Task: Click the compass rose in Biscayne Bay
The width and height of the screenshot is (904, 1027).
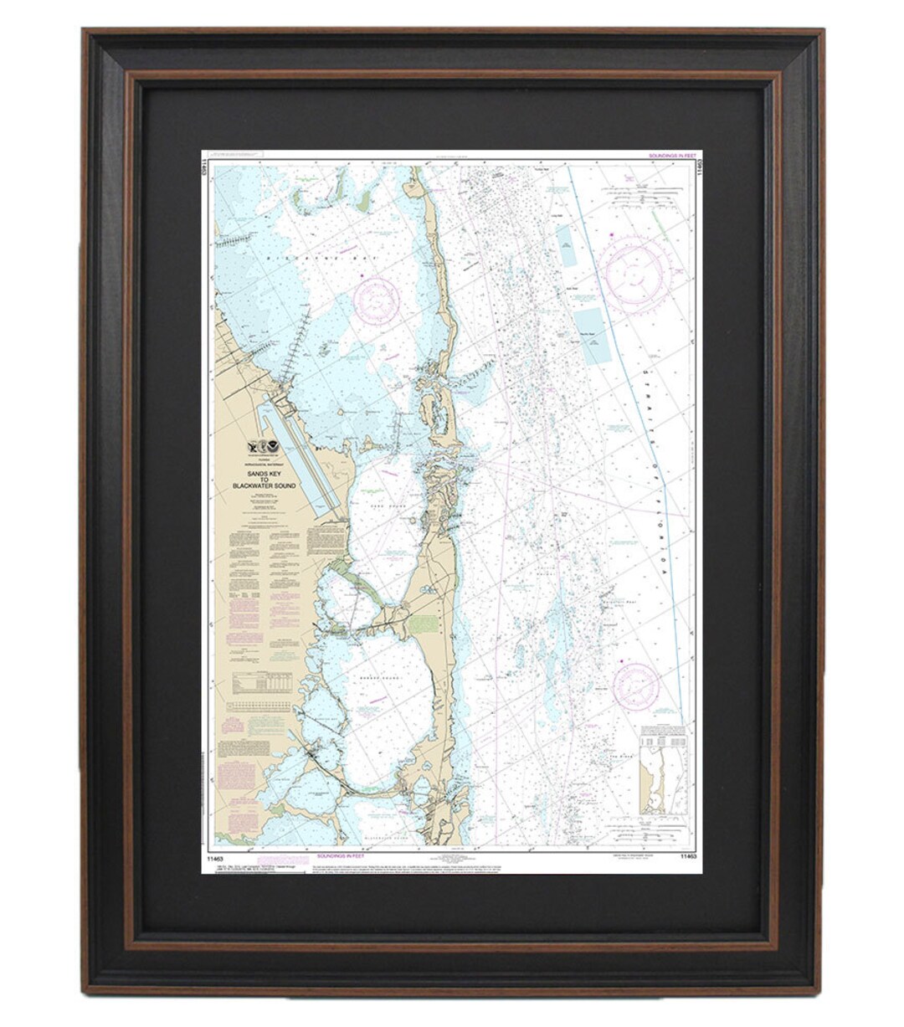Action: coord(376,300)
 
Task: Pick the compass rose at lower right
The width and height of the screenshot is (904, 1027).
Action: coord(635,684)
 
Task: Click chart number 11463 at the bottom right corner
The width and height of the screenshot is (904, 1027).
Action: coord(688,856)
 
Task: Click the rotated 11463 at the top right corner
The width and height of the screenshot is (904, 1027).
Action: coord(697,169)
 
